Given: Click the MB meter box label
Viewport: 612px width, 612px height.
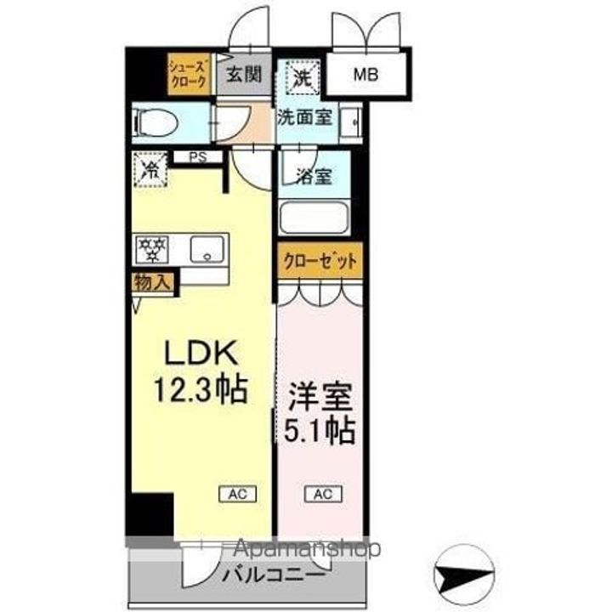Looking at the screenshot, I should pyautogui.click(x=366, y=75).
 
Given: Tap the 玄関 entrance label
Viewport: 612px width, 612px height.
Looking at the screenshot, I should pyautogui.click(x=243, y=74).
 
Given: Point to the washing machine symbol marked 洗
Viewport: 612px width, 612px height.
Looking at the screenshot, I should pyautogui.click(x=303, y=77).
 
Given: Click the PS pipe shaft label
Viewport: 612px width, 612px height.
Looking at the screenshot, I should pyautogui.click(x=198, y=156).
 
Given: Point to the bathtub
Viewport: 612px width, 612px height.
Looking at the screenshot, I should pyautogui.click(x=314, y=218).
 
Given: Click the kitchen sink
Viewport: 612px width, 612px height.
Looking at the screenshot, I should pyautogui.click(x=204, y=249).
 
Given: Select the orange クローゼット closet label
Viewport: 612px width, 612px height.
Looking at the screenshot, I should pyautogui.click(x=320, y=262).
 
